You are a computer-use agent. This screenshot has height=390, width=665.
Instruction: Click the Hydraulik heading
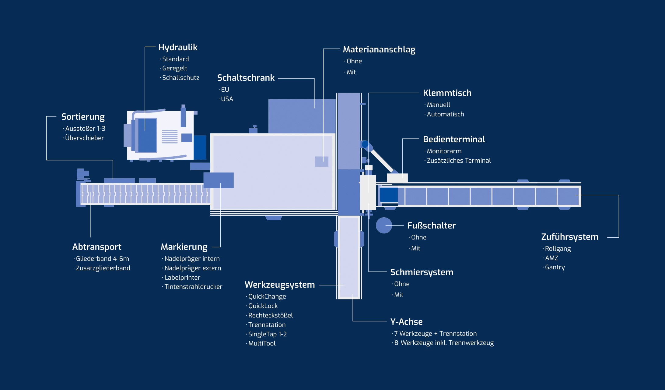pyautogui.click(x=178, y=47)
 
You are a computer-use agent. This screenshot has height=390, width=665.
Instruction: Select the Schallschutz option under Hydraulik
pyautogui.click(x=180, y=78)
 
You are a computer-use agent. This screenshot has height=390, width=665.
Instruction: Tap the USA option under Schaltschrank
pyautogui.click(x=227, y=99)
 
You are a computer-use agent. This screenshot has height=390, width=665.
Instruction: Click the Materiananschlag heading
pyautogui.click(x=379, y=49)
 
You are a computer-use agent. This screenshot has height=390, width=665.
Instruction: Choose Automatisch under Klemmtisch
pyautogui.click(x=445, y=114)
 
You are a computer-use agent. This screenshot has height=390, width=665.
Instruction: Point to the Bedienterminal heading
pyautogui.click(x=454, y=139)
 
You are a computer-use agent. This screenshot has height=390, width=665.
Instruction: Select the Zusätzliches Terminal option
pyautogui.click(x=459, y=161)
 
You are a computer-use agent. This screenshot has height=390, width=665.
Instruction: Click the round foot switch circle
pyautogui.click(x=384, y=225)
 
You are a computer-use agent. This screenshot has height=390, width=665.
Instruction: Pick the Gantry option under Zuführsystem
pyautogui.click(x=555, y=267)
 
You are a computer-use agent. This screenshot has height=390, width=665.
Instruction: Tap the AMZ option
pyautogui.click(x=551, y=258)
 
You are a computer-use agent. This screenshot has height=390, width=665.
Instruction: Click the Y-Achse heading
pyautogui.click(x=406, y=322)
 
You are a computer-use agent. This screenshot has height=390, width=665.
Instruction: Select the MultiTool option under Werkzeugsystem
pyautogui.click(x=262, y=343)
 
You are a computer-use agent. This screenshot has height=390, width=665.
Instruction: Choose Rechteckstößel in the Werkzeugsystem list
pyautogui.click(x=270, y=315)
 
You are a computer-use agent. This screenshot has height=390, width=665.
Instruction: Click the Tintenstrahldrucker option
pyautogui.click(x=193, y=287)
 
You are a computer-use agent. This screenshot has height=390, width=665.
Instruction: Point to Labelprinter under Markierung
pyautogui.click(x=182, y=278)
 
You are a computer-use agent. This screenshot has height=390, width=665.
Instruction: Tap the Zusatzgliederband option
pyautogui.click(x=103, y=268)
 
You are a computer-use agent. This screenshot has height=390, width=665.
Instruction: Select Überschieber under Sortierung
pyautogui.click(x=84, y=138)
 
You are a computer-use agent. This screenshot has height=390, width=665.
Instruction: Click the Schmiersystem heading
pyautogui.click(x=422, y=272)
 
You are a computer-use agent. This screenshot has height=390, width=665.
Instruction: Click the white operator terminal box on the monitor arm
pyautogui.click(x=397, y=178)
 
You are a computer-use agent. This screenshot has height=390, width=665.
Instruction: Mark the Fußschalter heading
pyautogui.click(x=431, y=225)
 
